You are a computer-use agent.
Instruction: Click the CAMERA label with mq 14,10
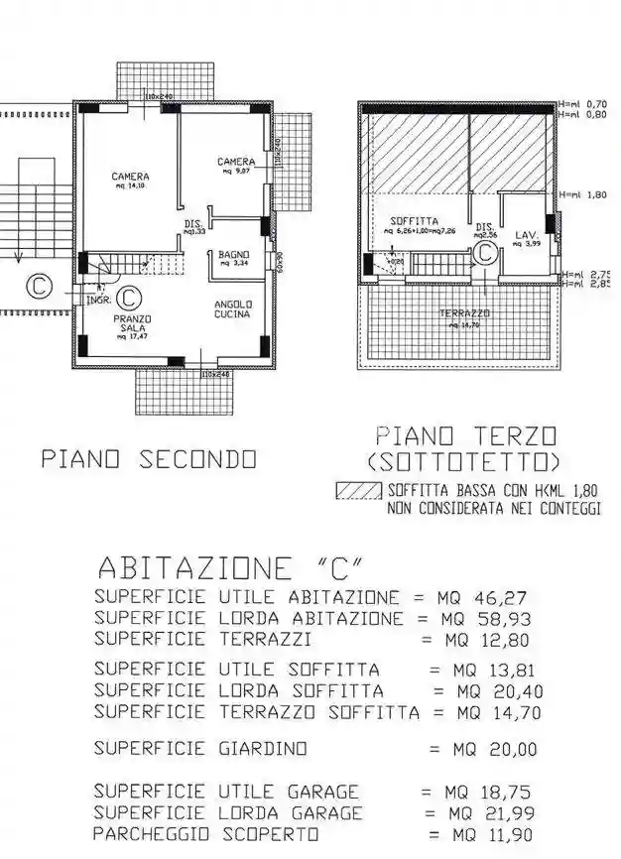[130, 180]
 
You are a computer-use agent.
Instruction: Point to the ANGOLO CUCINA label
[233, 308]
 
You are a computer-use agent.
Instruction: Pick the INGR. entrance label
[97, 299]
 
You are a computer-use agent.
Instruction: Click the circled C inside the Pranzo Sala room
[128, 297]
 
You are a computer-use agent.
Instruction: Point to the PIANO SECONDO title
[149, 459]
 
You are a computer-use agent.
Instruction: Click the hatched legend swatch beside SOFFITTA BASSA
[359, 491]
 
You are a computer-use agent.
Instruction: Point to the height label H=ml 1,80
[583, 195]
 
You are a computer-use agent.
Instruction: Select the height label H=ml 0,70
[583, 103]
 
